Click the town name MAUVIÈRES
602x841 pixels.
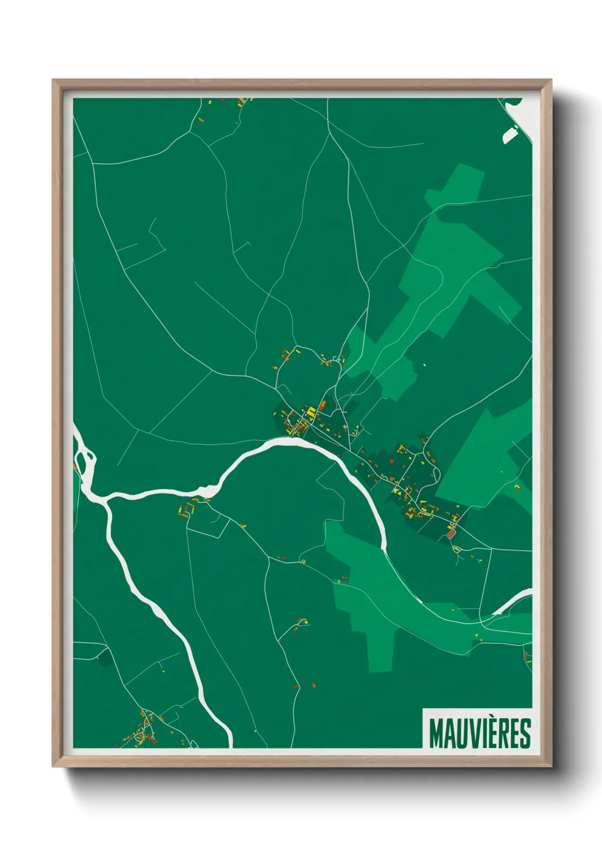(480, 733)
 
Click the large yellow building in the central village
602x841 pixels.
(311, 411)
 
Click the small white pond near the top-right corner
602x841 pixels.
(509, 135)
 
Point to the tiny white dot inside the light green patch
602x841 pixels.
(424, 364)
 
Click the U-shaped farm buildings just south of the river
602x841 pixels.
(188, 508)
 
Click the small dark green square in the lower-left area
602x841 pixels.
(104, 657)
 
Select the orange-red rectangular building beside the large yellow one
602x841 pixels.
(323, 405)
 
